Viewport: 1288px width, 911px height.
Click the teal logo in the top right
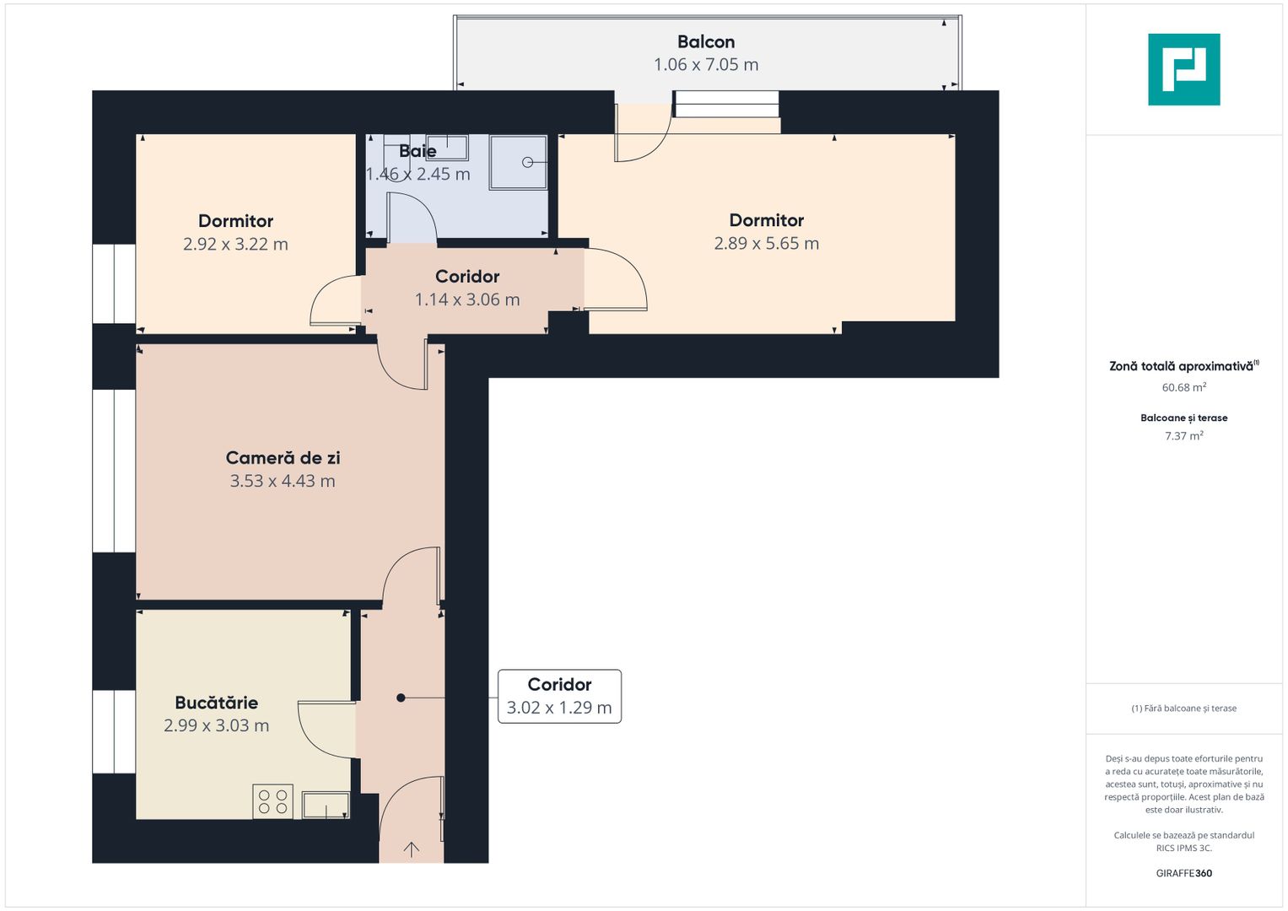pos(1183,69)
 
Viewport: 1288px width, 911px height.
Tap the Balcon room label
pos(706,41)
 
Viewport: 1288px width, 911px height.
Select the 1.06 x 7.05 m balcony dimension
pos(706,64)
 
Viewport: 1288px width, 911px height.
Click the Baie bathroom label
pos(418,151)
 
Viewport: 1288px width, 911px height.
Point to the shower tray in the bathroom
pos(519,162)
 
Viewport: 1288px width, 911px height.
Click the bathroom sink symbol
pos(446,148)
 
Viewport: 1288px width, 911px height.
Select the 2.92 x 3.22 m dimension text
pos(235,244)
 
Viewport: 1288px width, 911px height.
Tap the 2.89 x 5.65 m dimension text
pos(766,243)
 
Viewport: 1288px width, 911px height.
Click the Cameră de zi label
pos(283,457)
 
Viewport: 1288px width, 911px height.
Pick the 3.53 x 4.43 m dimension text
pos(283,481)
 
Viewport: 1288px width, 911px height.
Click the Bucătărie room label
pos(216,702)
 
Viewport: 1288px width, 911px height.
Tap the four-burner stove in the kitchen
pos(272,801)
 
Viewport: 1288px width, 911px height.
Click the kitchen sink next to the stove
pos(326,805)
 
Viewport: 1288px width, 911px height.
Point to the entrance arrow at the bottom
pos(411,849)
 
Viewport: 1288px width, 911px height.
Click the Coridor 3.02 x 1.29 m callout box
pos(559,696)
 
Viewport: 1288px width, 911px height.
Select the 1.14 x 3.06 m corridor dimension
pos(467,299)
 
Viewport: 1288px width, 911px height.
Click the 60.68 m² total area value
pos(1183,387)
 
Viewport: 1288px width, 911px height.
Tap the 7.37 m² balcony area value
pos(1183,436)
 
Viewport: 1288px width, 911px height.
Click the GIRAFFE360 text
pos(1183,873)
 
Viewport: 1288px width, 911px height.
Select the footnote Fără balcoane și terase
pos(1183,709)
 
